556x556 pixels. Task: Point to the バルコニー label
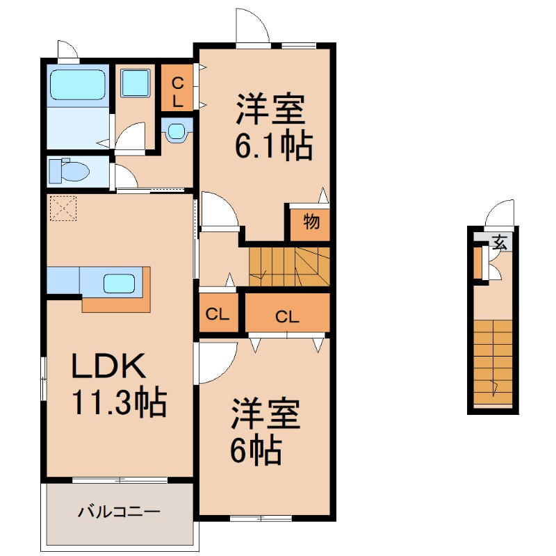coord(119,513)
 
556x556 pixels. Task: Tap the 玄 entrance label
coord(500,242)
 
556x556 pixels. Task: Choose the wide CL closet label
coord(287,316)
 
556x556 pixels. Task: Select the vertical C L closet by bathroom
coord(177,91)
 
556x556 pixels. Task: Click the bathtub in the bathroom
coord(78,85)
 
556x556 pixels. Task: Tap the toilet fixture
coord(69,170)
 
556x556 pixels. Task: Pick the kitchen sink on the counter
coord(119,283)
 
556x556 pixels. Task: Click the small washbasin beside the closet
coord(178,131)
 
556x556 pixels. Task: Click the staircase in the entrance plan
coord(493,361)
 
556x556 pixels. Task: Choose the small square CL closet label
coord(218,314)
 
